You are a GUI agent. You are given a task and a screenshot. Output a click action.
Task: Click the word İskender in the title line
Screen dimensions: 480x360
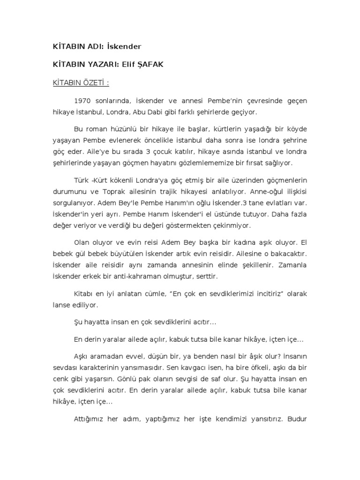tap(124, 46)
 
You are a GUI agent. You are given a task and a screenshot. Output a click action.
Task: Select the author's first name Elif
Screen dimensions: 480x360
tap(128, 64)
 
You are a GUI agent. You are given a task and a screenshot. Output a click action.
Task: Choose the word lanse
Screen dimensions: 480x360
tap(62, 305)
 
